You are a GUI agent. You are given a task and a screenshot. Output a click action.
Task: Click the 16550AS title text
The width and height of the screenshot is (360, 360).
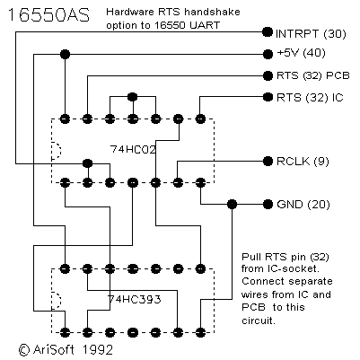(48, 15)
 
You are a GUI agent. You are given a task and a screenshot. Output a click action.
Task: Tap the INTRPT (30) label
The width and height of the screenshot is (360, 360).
(311, 33)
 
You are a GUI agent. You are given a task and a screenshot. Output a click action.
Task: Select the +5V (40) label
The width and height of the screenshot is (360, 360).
(301, 53)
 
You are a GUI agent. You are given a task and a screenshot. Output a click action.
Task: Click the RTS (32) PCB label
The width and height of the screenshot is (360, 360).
(313, 75)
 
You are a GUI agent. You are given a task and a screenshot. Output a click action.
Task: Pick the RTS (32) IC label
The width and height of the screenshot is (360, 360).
(310, 98)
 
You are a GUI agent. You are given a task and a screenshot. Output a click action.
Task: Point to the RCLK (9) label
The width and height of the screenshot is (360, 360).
(303, 162)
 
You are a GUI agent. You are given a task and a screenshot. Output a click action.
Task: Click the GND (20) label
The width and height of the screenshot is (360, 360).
(303, 205)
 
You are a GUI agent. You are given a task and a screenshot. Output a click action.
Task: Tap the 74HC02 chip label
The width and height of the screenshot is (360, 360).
(133, 149)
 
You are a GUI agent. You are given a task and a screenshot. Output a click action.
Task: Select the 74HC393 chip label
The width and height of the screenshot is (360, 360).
(135, 299)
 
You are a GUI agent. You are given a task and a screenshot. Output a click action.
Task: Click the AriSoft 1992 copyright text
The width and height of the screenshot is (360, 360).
(66, 349)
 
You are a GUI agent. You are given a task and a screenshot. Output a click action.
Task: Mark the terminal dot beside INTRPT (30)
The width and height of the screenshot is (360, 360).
(268, 31)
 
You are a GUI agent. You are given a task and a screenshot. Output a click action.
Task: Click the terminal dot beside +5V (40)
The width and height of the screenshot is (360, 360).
(268, 54)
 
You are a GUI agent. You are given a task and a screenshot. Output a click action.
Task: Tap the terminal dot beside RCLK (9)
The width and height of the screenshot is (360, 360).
(268, 162)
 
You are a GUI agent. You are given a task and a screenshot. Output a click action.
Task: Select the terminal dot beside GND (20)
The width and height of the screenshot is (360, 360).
(268, 205)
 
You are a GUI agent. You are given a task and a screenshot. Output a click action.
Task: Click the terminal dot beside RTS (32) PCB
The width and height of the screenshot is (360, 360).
(268, 75)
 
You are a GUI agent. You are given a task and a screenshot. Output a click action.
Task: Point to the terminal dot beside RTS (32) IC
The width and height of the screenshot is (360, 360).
(268, 97)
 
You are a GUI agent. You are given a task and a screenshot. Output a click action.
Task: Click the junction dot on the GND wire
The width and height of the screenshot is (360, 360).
(232, 205)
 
